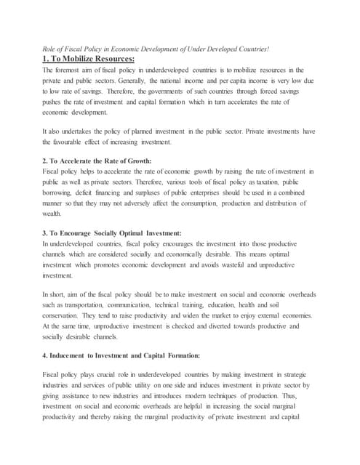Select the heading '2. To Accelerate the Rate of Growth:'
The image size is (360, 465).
pyautogui.click(x=96, y=160)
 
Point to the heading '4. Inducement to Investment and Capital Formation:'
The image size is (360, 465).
pyautogui.click(x=123, y=356)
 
